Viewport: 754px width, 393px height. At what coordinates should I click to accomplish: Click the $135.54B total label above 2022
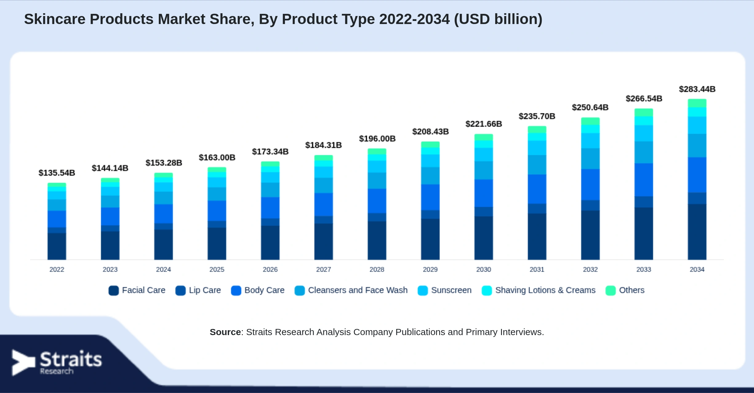(x=57, y=173)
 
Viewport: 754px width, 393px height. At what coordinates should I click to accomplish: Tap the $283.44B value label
(x=697, y=89)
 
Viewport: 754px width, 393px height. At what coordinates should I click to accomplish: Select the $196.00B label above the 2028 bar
(x=377, y=139)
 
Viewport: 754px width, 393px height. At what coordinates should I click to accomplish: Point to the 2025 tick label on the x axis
(x=217, y=269)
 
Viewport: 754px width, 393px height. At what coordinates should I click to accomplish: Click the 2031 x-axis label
(x=537, y=269)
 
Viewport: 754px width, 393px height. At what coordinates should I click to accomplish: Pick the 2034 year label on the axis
(x=697, y=269)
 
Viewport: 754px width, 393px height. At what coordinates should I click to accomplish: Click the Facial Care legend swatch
(x=114, y=290)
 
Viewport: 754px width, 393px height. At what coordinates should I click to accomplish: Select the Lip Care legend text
(x=205, y=290)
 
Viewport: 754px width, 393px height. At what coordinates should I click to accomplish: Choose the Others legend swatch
(x=610, y=290)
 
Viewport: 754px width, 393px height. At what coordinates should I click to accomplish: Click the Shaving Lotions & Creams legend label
(x=545, y=290)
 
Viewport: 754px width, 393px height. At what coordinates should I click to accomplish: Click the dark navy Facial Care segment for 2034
(x=697, y=232)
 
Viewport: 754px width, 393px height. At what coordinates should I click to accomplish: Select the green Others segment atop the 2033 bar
(x=644, y=112)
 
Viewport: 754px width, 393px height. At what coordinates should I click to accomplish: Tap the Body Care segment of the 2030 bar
(x=483, y=193)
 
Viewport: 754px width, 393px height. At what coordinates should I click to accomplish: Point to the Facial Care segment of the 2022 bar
(x=57, y=246)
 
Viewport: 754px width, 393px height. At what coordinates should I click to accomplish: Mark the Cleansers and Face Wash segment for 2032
(x=590, y=159)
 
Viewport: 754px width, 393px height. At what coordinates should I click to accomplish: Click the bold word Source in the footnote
(x=225, y=332)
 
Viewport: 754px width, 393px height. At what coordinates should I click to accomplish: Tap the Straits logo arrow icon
(x=23, y=363)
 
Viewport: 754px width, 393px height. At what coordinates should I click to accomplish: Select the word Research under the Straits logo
(x=57, y=371)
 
